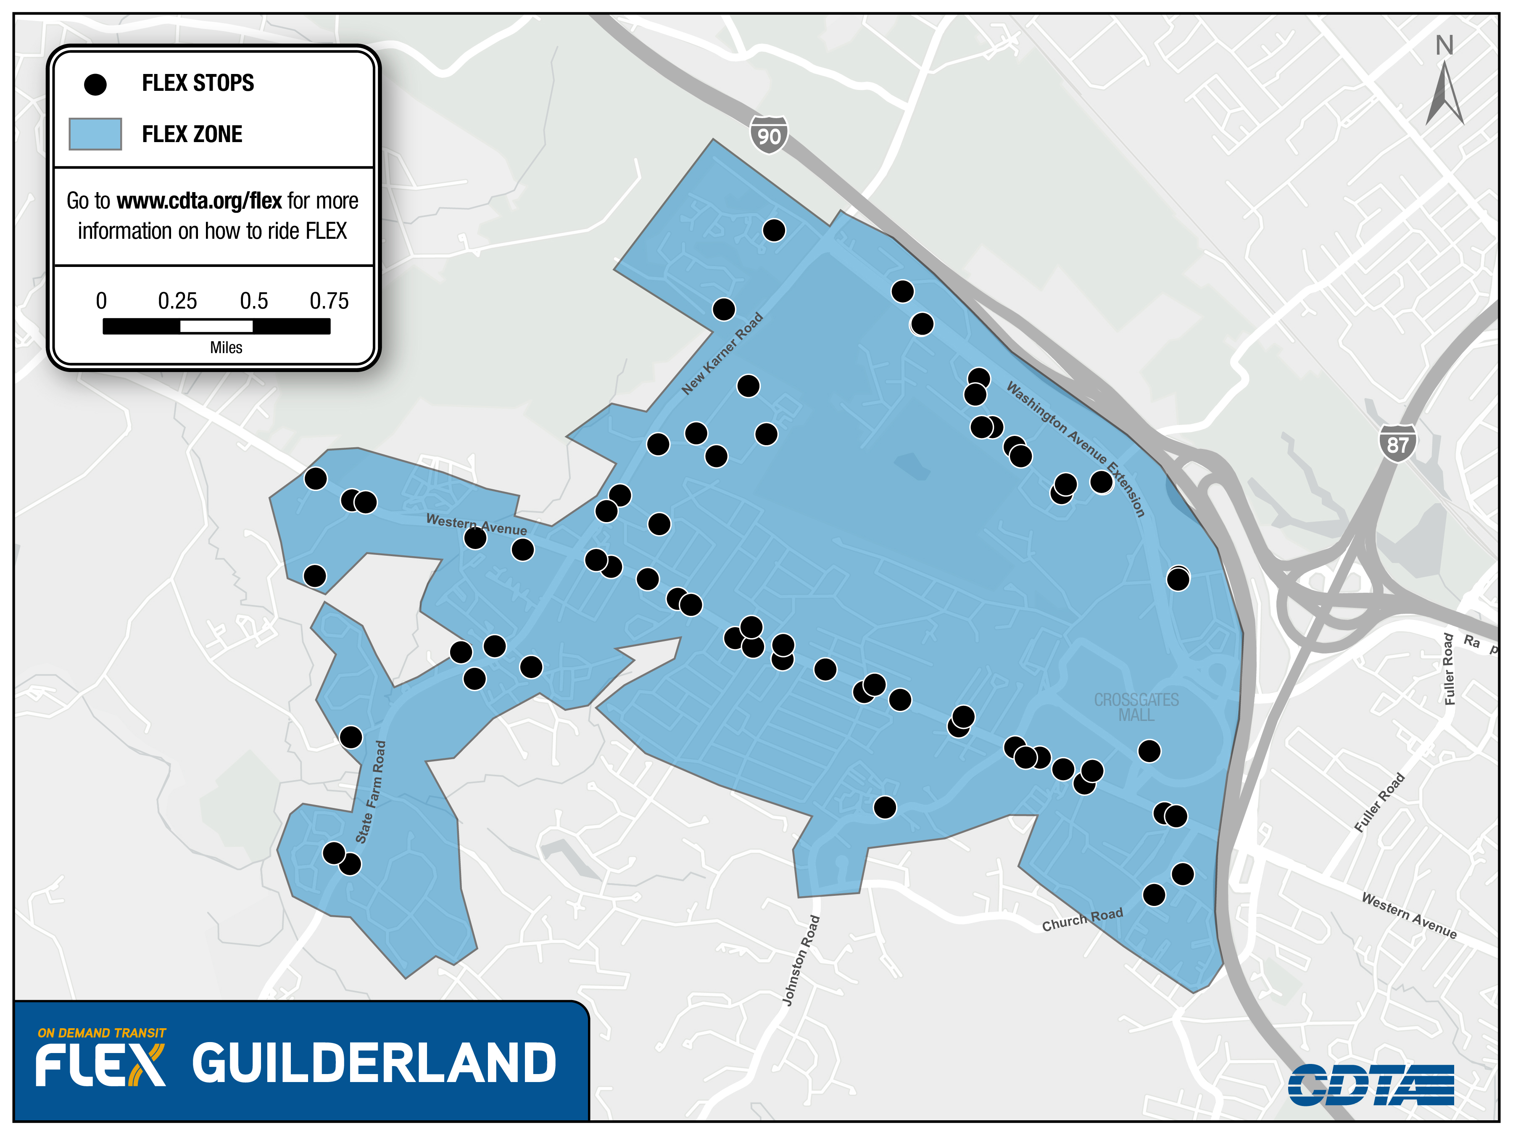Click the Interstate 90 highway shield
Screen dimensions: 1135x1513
click(768, 135)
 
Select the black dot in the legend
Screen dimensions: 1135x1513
click(95, 84)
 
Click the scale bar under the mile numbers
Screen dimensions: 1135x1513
click(216, 327)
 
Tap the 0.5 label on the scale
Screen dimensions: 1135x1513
click(254, 301)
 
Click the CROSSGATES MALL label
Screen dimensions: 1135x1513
click(1136, 707)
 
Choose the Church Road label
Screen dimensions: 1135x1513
click(1082, 919)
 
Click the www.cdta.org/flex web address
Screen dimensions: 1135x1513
click(199, 201)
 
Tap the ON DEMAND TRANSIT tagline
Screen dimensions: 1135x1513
click(102, 1032)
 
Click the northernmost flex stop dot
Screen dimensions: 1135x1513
click(774, 230)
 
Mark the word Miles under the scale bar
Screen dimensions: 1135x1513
click(226, 348)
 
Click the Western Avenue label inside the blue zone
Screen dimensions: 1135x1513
click(476, 524)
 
